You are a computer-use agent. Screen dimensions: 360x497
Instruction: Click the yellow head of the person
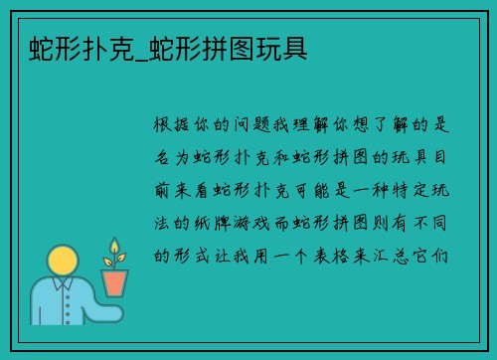62,263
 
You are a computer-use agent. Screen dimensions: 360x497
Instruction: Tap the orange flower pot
115,282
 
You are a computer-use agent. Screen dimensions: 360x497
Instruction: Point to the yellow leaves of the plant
114,252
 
